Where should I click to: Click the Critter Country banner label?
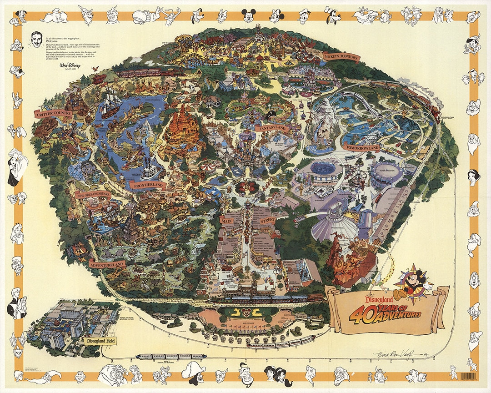pos(54,113)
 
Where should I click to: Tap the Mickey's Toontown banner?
pos(341,57)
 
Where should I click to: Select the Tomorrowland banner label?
pos(362,148)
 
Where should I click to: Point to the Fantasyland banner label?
pos(271,129)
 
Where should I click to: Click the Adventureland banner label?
pos(107,264)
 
